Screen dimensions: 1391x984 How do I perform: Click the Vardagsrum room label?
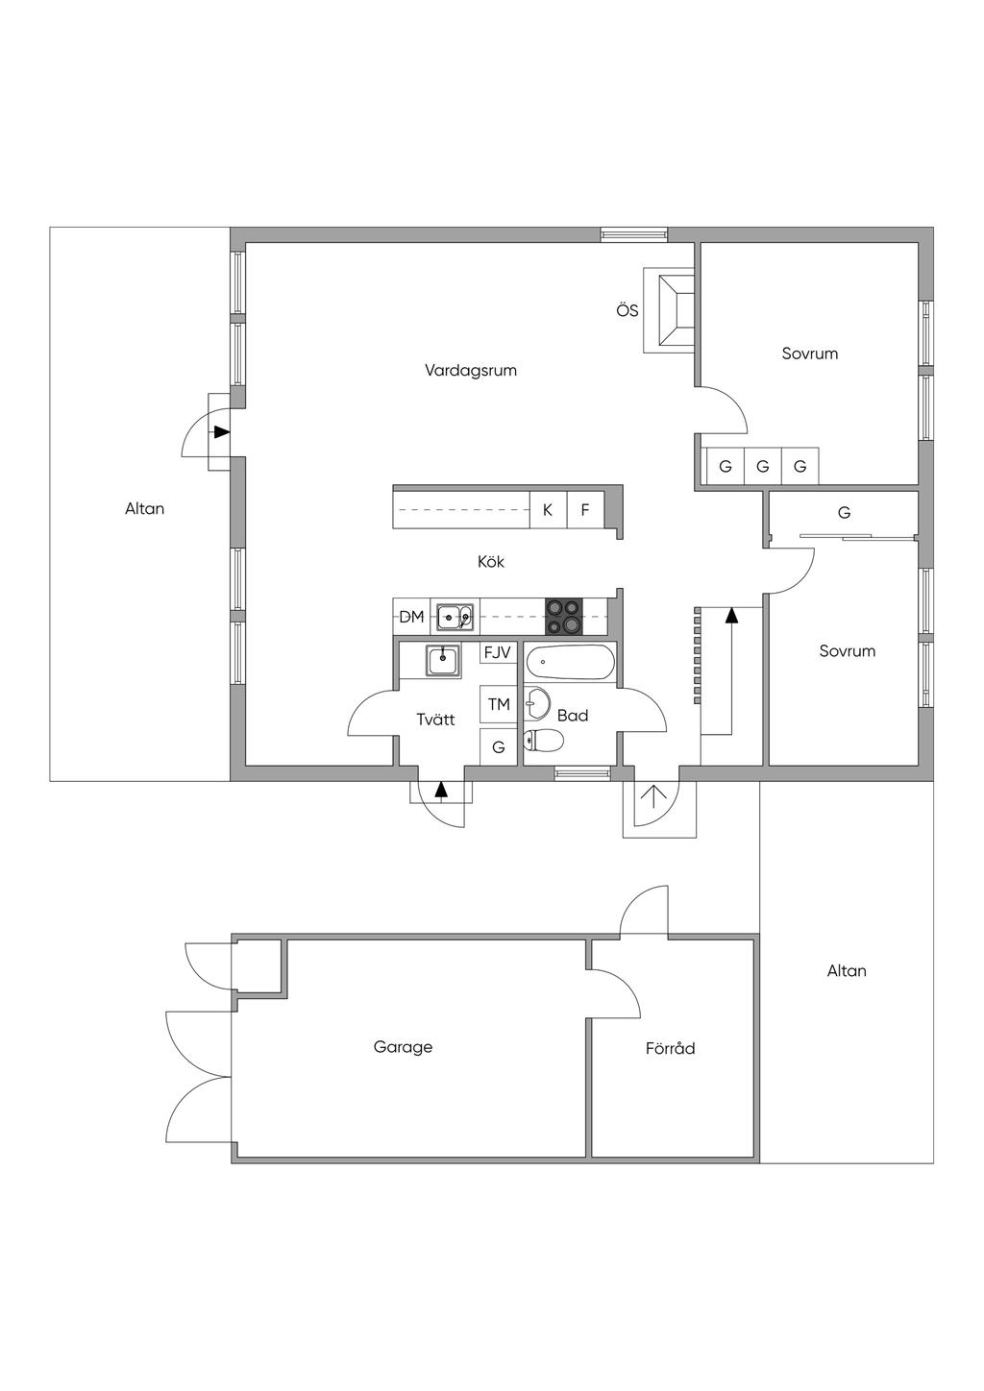(x=471, y=370)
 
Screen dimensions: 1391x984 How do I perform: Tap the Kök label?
(x=491, y=561)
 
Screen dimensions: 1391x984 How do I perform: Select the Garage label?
(x=403, y=1047)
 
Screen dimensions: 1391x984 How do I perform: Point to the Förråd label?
(x=670, y=1048)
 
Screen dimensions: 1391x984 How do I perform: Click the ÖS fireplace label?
(x=627, y=310)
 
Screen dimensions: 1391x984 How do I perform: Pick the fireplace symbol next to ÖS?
(x=675, y=309)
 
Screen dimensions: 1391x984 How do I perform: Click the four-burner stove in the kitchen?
(x=563, y=617)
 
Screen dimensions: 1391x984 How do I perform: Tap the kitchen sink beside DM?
(x=454, y=617)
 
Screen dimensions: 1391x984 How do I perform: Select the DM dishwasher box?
(x=411, y=617)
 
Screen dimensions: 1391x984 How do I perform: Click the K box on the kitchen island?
(x=548, y=510)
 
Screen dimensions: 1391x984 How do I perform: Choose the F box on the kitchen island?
(x=584, y=510)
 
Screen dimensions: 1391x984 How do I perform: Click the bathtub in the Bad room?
(x=569, y=663)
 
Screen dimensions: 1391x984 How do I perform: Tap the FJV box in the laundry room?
(x=498, y=652)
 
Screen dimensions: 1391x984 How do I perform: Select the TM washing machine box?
(x=499, y=704)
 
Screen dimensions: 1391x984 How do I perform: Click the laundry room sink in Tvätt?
(x=442, y=660)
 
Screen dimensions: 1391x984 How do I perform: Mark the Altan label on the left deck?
(x=144, y=508)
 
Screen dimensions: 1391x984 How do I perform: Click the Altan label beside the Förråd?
(x=847, y=970)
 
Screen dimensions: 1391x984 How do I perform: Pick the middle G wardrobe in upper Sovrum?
(x=763, y=467)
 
